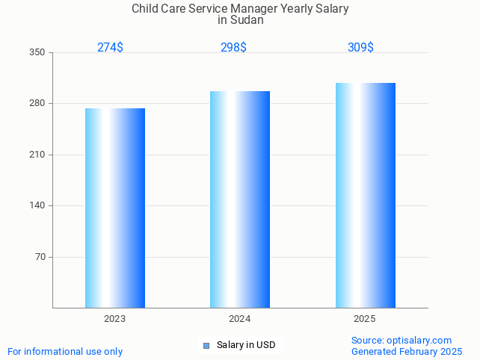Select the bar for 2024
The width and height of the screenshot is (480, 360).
[240, 199]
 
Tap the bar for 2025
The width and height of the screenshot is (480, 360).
[365, 195]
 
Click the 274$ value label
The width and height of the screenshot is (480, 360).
[110, 47]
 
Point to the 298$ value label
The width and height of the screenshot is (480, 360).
[233, 47]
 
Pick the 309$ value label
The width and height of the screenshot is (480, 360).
[360, 47]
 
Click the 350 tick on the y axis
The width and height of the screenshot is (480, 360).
[37, 52]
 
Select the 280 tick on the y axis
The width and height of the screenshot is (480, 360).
[37, 103]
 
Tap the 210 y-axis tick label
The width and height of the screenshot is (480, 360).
[37, 155]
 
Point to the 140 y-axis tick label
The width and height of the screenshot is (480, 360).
[37, 205]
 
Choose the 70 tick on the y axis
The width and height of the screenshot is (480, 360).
[40, 257]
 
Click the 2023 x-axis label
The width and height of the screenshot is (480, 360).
[115, 319]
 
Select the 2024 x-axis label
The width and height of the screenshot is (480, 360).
[240, 319]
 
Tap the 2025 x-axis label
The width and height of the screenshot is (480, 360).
[365, 319]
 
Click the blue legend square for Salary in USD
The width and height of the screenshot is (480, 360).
[206, 345]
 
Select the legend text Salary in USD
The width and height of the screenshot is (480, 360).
[246, 345]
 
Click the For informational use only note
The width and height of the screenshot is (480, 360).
[65, 351]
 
